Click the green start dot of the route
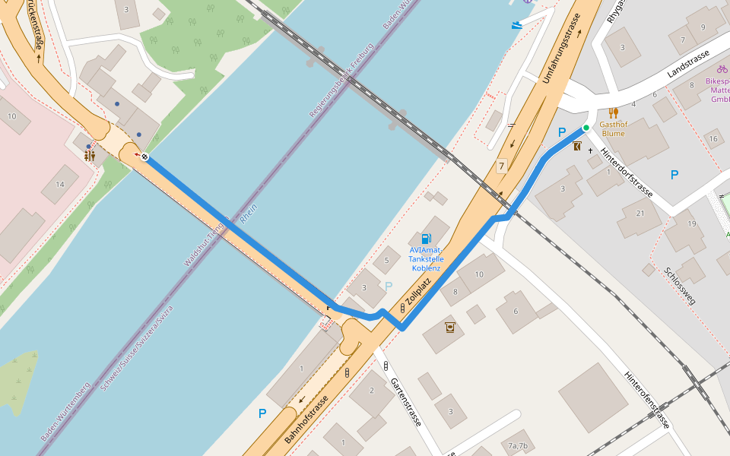point(586,127)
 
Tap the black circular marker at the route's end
point(144,157)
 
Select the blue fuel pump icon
point(426,239)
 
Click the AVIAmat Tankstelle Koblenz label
point(427,258)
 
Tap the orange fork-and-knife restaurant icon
point(614,112)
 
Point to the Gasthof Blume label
point(614,128)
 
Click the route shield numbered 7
point(501,166)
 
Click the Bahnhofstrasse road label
point(306,420)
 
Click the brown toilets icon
point(90,155)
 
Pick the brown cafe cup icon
point(450,327)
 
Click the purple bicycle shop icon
point(722,68)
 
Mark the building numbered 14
point(60,185)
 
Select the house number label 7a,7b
point(518,445)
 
